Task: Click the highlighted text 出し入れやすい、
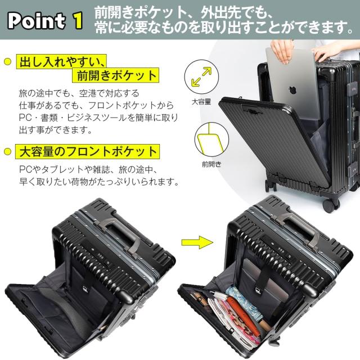pyautogui.click(x=62, y=61)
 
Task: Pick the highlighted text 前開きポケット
pyautogui.click(x=115, y=76)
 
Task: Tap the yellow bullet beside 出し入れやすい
pyautogui.click(x=7, y=61)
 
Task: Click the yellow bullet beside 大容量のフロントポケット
pyautogui.click(x=7, y=152)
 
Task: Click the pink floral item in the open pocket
pyautogui.click(x=246, y=315)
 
